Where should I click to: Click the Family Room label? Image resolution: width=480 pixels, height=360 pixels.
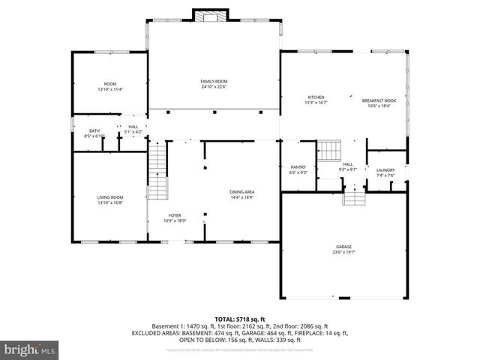[x=214, y=81]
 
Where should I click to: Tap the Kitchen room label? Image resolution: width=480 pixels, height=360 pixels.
[x=316, y=97]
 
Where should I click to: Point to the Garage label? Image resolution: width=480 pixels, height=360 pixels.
[x=344, y=247]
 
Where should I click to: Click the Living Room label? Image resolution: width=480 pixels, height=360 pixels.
[x=109, y=197]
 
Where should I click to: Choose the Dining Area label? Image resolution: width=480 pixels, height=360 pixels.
[x=241, y=193]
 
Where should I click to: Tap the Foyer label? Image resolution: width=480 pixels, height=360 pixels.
[x=175, y=215]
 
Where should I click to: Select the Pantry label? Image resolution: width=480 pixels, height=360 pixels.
[x=298, y=166]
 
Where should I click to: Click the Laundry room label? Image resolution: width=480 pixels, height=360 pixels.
[x=385, y=170]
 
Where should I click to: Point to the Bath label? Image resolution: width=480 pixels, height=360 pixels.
[x=94, y=130]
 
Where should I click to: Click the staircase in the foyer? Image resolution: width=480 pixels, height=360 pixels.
[x=157, y=172]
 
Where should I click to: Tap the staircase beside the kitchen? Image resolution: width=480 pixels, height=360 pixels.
[x=329, y=151]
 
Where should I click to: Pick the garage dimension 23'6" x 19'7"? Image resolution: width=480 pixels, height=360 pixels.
[x=344, y=253]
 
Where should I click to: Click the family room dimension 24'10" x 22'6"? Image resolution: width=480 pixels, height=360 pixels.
[x=214, y=87]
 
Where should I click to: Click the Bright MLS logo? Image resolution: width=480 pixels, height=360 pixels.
[x=30, y=350]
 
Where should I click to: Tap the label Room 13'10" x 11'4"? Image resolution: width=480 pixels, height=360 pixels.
[x=110, y=86]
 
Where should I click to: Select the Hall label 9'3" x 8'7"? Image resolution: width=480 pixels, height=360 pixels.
[x=348, y=167]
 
